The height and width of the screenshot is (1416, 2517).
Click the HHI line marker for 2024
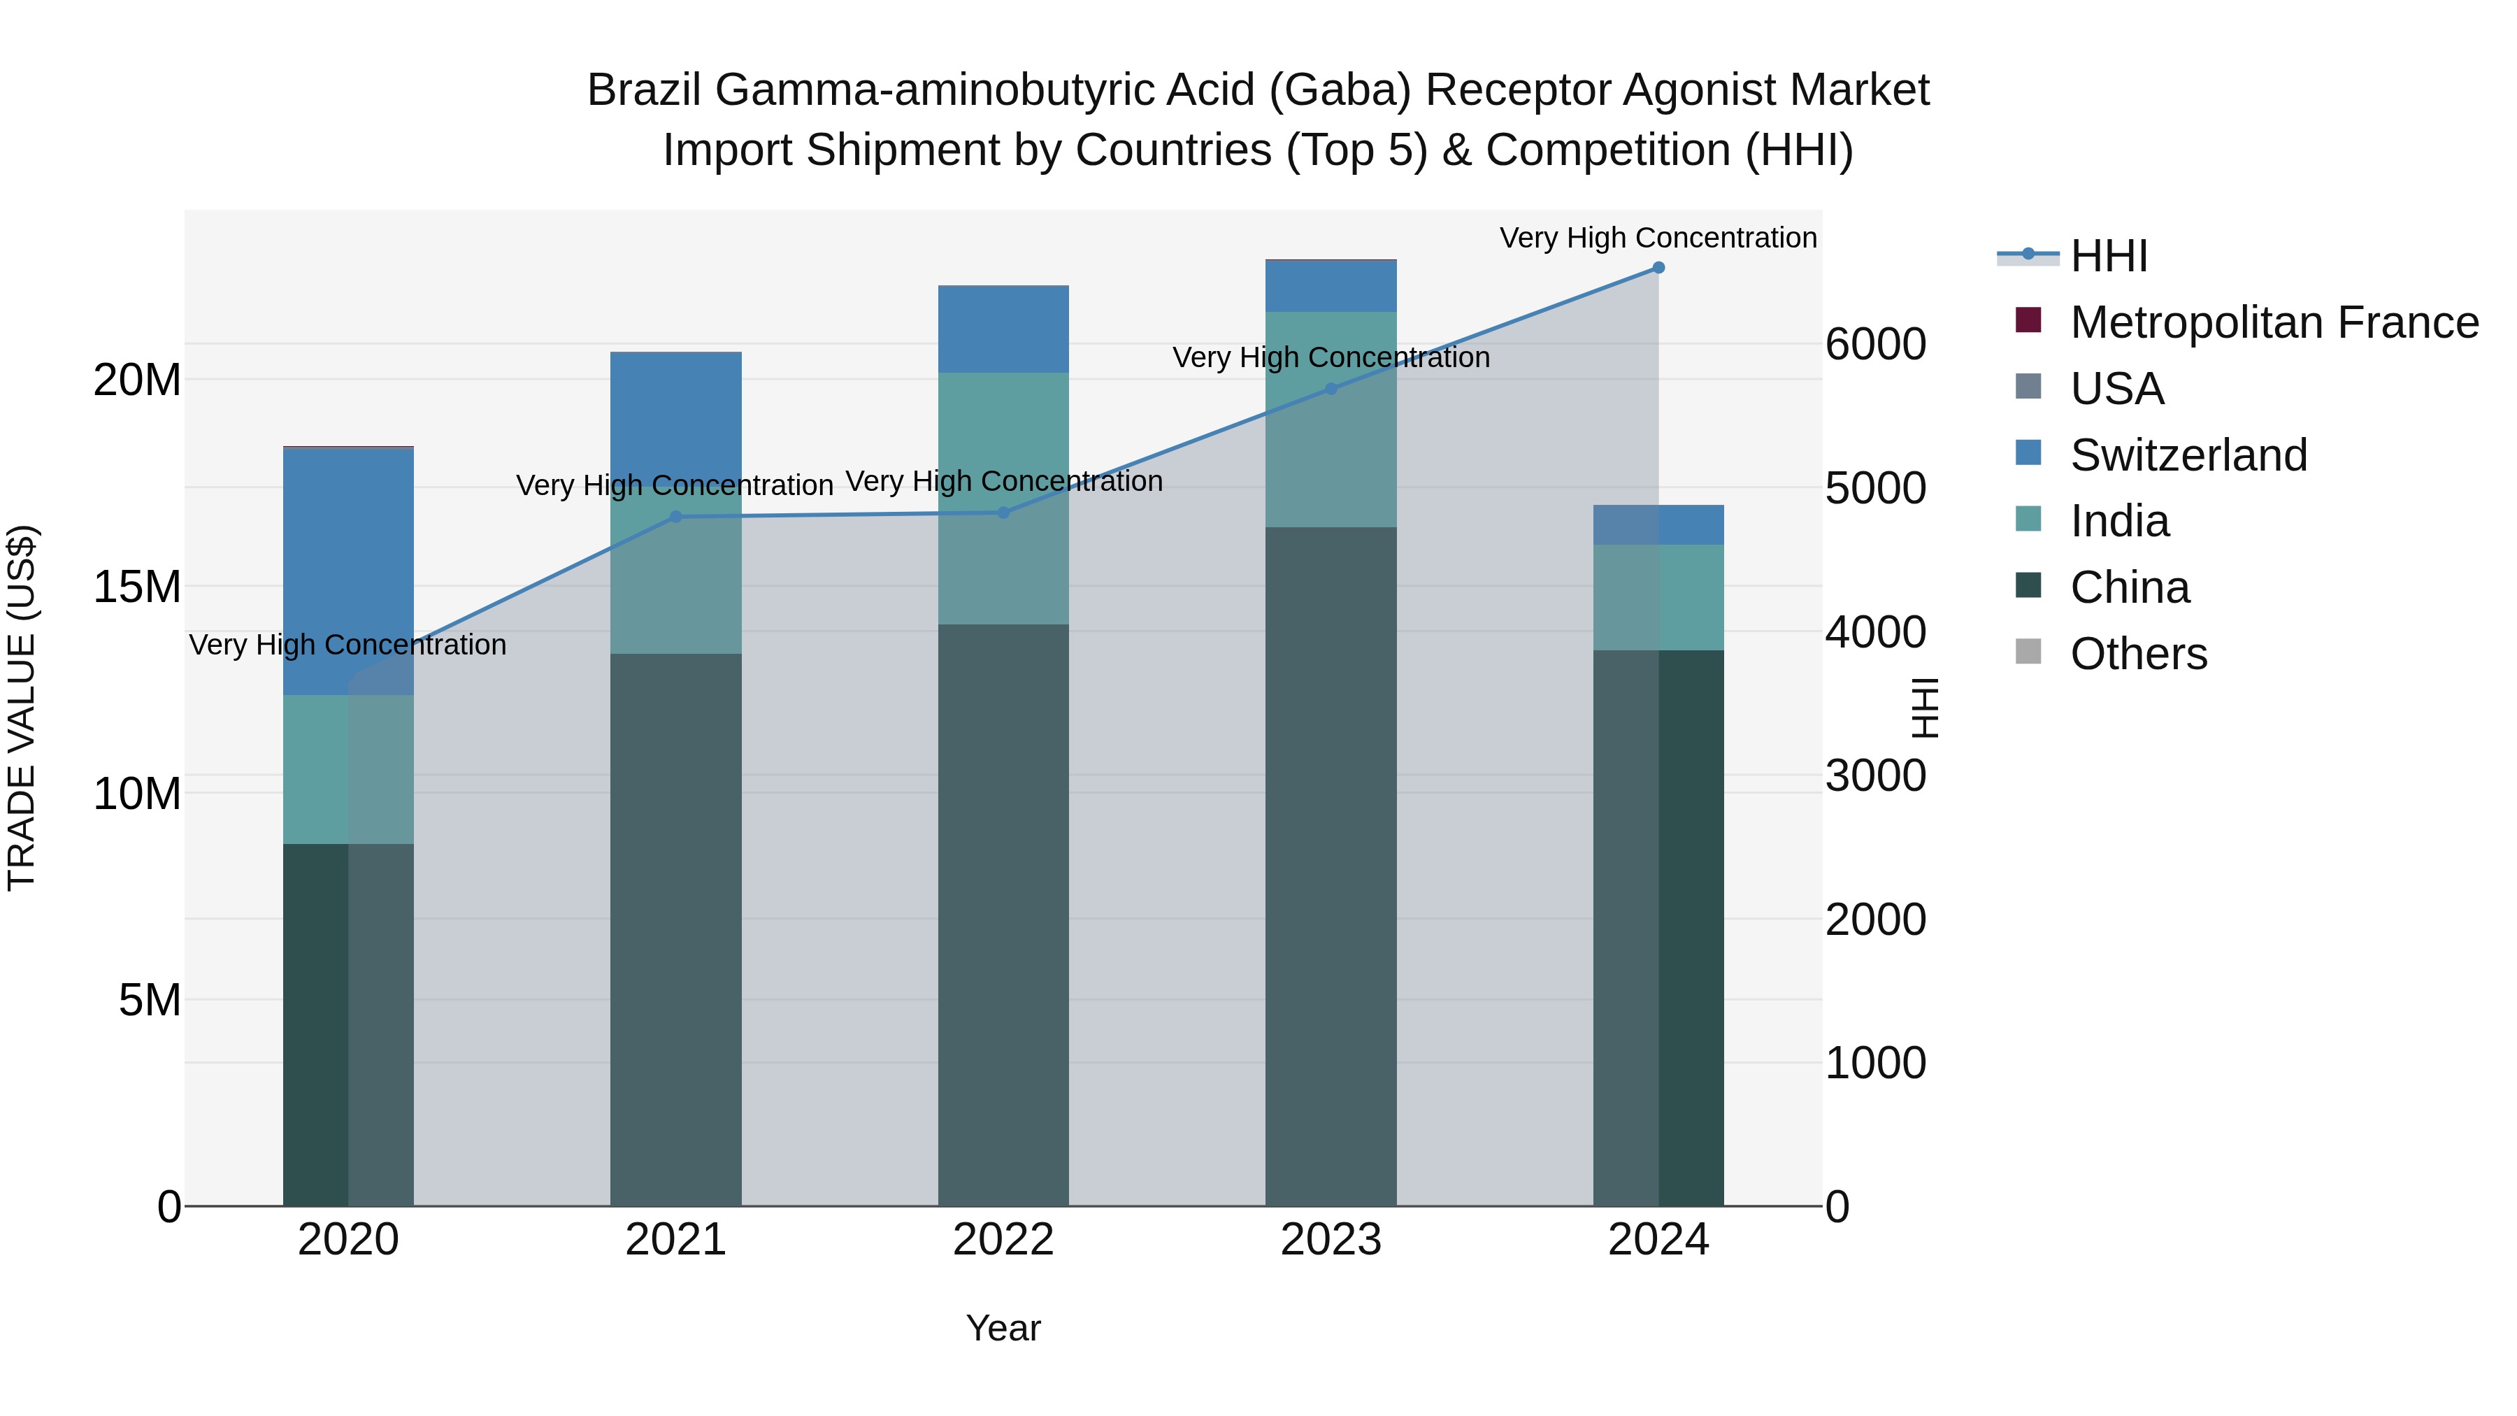tap(1658, 268)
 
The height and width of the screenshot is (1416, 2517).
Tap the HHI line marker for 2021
tap(676, 516)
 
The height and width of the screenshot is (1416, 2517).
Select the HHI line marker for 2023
tap(1331, 389)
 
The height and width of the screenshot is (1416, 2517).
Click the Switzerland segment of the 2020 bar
tap(349, 572)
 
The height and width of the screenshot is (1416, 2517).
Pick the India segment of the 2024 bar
tap(1658, 597)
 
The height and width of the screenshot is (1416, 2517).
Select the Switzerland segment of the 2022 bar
tap(1003, 329)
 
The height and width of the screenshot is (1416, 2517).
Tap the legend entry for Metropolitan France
tap(2274, 322)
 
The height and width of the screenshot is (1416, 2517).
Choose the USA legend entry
tap(2116, 389)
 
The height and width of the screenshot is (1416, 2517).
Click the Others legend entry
tap(2138, 654)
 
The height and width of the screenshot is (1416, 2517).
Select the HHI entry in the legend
tap(2109, 256)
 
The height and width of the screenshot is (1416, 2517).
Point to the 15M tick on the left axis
tap(138, 587)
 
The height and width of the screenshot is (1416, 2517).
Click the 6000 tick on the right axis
tap(1875, 344)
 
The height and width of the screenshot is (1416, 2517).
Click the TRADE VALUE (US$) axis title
tap(22, 708)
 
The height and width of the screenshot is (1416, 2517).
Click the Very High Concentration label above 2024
tap(1658, 238)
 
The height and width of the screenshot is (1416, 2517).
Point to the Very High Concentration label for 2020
tap(348, 645)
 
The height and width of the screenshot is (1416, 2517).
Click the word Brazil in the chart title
tap(644, 91)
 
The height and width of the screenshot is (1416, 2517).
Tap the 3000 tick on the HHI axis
tap(1875, 776)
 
